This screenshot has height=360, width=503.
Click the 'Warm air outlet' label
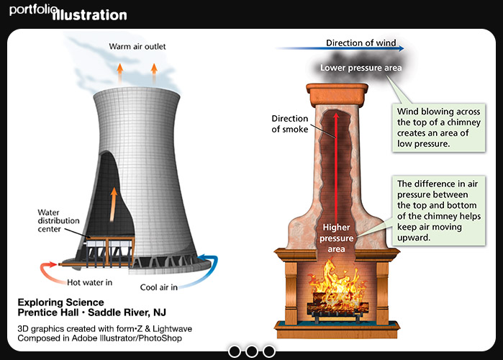coord(137,47)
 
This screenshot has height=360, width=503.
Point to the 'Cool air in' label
coord(159,287)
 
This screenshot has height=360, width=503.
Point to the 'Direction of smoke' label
coord(290,124)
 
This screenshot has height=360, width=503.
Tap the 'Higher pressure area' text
coord(336,238)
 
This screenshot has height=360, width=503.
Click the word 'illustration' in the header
coord(90,15)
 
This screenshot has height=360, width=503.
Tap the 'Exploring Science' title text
coord(60,302)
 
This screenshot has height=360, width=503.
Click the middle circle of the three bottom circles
coord(251,351)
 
